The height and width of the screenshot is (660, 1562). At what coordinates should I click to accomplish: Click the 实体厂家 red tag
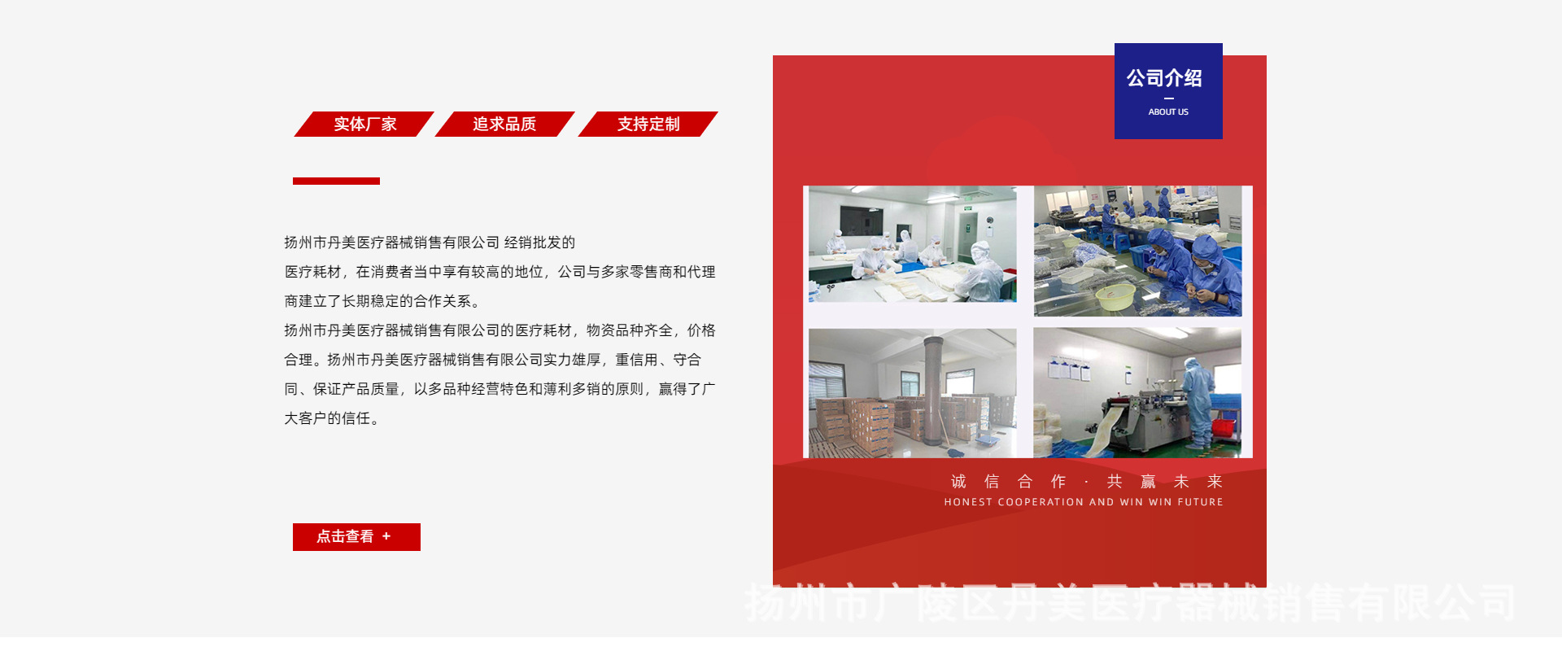[364, 125]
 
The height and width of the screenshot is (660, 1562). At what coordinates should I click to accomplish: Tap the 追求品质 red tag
[504, 125]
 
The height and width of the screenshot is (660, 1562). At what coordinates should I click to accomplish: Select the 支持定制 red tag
[648, 125]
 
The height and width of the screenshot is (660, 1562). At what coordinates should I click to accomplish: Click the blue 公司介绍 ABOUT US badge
[1168, 90]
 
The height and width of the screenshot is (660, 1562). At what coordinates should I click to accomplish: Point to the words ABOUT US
[1168, 112]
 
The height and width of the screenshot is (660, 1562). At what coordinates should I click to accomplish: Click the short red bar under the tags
[336, 181]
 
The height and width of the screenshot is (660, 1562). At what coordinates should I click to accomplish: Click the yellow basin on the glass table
[1115, 297]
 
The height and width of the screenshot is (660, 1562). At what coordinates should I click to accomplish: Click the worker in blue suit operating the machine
[1197, 399]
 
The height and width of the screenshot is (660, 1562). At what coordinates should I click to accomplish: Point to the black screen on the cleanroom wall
[862, 221]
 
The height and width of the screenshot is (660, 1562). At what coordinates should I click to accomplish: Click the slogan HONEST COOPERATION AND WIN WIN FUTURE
[1084, 502]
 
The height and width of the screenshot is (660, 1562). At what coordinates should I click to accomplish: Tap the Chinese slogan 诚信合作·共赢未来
[1086, 482]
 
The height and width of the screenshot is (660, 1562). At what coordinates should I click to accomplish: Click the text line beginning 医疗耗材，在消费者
[500, 272]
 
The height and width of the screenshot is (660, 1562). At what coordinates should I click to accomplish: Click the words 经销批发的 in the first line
[539, 243]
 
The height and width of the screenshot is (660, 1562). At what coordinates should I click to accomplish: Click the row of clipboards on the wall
[1069, 371]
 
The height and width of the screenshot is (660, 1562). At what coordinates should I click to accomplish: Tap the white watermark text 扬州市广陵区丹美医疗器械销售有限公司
[1131, 604]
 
